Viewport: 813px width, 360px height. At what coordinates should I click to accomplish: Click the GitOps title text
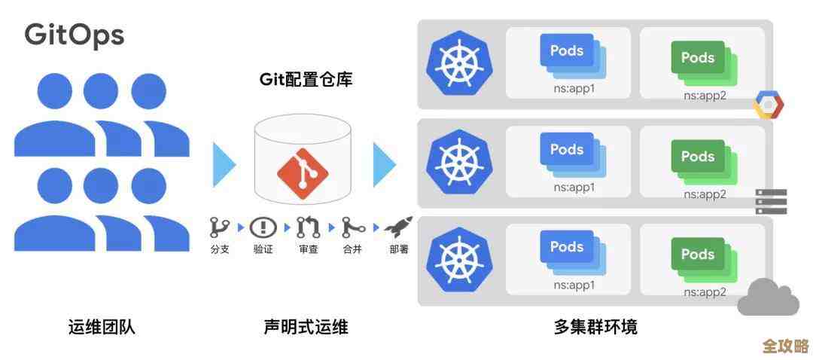tap(75, 35)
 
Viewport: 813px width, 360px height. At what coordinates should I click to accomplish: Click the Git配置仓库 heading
tap(306, 79)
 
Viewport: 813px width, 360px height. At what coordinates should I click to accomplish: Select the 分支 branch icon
tap(219, 227)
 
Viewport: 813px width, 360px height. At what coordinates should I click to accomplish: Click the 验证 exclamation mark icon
tap(263, 227)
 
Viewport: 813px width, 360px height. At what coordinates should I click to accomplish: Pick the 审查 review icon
tap(307, 227)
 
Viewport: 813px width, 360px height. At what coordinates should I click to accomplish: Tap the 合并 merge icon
tap(352, 227)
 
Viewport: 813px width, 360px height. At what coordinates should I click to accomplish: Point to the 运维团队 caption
tap(102, 327)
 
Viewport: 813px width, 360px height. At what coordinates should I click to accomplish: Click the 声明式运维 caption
tap(306, 327)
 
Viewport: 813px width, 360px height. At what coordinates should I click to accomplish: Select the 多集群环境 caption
tap(595, 327)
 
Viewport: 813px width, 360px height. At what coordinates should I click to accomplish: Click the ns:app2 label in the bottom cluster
tap(705, 292)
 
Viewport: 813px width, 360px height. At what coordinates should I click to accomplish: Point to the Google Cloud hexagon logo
tap(769, 105)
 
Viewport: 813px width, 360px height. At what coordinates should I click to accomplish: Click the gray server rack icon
tap(771, 202)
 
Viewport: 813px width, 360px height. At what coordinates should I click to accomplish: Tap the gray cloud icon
tap(768, 297)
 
